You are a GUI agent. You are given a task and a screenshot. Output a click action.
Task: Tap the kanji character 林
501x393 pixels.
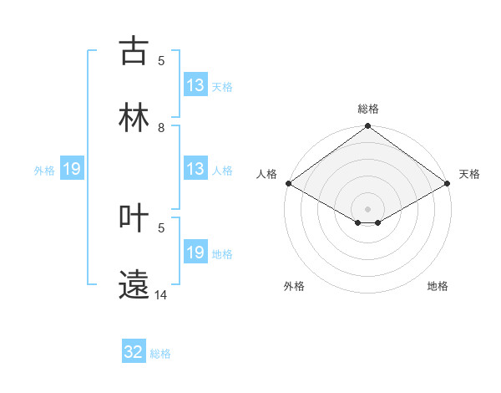click(134, 118)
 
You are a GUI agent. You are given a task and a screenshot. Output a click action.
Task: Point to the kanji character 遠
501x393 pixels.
click(134, 284)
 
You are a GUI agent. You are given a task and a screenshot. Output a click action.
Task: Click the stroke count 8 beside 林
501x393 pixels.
click(161, 128)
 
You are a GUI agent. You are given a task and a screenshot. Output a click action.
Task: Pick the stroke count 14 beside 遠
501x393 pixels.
click(161, 295)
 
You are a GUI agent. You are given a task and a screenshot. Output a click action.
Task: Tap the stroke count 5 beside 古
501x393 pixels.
click(161, 61)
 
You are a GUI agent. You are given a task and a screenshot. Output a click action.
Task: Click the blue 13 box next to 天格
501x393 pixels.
click(195, 85)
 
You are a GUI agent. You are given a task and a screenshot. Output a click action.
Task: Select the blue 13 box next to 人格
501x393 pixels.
click(195, 169)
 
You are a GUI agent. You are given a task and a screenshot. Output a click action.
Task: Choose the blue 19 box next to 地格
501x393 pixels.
click(195, 253)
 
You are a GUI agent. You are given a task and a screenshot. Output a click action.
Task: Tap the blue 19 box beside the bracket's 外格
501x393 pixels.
click(72, 169)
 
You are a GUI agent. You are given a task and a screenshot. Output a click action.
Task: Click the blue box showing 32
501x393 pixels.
click(134, 352)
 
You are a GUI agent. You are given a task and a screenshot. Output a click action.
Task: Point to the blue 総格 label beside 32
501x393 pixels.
click(161, 354)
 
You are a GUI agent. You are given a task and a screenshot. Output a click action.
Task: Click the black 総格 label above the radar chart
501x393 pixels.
click(368, 109)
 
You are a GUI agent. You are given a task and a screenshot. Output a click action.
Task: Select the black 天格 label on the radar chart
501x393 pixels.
click(469, 174)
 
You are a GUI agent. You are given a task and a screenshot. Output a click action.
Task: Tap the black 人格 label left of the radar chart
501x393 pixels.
click(266, 174)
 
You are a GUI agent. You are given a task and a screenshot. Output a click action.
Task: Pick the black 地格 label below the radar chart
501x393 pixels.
click(438, 286)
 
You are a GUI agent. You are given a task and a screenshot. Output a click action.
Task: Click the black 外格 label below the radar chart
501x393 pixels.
click(294, 286)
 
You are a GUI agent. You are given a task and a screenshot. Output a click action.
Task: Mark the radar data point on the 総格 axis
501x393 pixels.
click(368, 127)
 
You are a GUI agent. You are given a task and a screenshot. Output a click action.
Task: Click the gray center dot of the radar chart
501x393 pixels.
click(368, 208)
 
